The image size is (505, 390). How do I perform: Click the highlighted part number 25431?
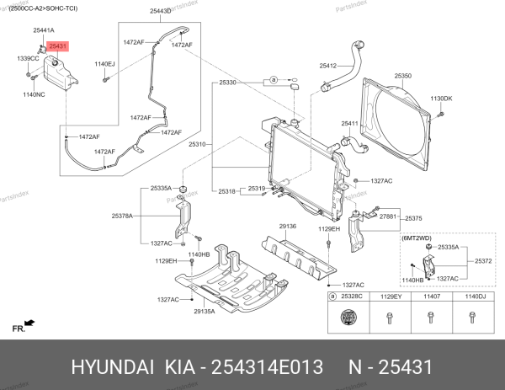(x=57, y=47)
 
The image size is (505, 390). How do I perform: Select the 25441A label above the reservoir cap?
(x=45, y=30)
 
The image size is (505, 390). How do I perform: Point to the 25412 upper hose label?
(x=328, y=66)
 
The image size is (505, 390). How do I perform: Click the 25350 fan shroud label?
(x=402, y=75)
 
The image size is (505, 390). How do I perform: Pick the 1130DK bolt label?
(x=442, y=99)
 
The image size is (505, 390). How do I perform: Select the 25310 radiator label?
(x=198, y=144)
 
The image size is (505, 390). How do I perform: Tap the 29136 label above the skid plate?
(x=288, y=227)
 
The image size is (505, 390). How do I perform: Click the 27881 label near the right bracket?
(x=387, y=217)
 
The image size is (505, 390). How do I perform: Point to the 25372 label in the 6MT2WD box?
(x=483, y=261)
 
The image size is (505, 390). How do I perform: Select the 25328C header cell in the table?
(x=350, y=297)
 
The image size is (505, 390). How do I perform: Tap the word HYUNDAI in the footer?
(x=113, y=367)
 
